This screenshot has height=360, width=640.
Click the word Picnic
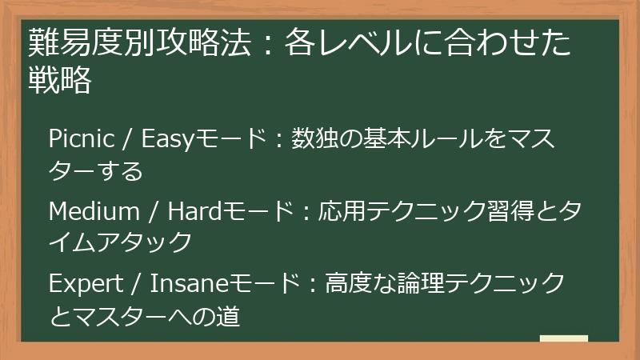point(81,139)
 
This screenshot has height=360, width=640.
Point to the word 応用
point(343,211)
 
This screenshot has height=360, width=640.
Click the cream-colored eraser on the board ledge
point(563,338)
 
